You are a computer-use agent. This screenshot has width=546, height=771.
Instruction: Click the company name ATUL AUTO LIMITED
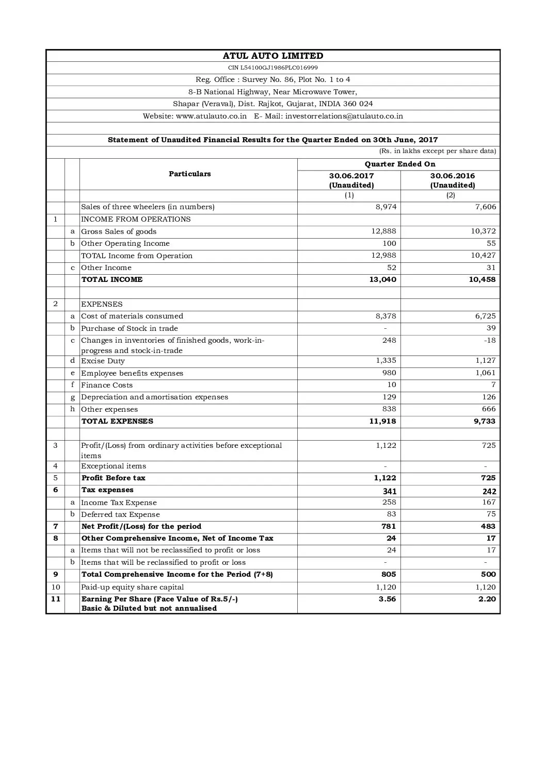pos(273,56)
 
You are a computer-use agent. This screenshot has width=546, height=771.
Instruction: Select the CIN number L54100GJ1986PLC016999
pos(273,68)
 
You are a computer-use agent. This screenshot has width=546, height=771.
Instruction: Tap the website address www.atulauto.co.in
pos(211,116)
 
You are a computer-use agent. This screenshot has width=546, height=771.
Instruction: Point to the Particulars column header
pos(189,174)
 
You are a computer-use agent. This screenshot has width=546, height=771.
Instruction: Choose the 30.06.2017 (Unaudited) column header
pos(351,180)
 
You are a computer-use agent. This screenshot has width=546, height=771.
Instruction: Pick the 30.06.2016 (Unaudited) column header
pos(453,180)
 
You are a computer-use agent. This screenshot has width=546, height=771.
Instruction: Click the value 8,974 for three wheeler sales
pos(386,207)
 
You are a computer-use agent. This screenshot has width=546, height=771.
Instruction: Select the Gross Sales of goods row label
pos(119,232)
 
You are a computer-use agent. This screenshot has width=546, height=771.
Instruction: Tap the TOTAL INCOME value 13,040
pos(383,280)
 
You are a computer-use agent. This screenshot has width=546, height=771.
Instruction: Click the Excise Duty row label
pos(103,361)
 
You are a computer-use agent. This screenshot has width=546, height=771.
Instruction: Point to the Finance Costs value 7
pos(493,385)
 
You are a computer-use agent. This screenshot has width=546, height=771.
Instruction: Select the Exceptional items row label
pos(114,466)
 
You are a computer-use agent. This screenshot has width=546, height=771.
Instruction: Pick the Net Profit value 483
pos(488,527)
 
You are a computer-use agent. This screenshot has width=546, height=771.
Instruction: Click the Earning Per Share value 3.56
pos(387,599)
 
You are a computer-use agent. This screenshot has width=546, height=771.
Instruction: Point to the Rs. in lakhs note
pos(438,152)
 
